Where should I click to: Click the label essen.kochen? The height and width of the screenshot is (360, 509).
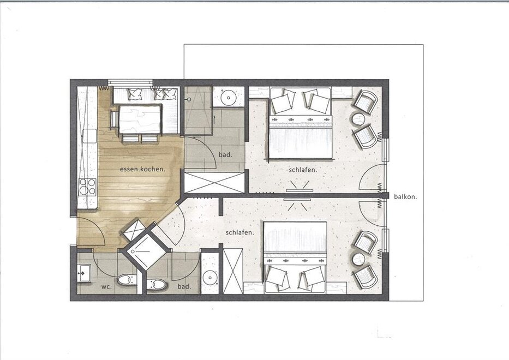[x=143, y=169]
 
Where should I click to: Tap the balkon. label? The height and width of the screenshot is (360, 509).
[x=405, y=196]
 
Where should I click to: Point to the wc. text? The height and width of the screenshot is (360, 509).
[x=106, y=287]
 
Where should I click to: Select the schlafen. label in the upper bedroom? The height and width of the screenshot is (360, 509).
[x=303, y=170]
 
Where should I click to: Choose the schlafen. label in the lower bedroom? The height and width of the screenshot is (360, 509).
[x=239, y=232]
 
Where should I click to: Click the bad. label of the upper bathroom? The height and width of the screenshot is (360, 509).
[x=226, y=155]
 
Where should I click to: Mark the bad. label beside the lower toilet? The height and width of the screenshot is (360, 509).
[x=184, y=287]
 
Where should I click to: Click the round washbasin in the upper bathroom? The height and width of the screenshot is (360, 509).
[x=229, y=97]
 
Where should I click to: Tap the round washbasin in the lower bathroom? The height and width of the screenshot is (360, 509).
[x=210, y=278]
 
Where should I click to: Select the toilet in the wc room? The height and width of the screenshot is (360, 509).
[x=127, y=280]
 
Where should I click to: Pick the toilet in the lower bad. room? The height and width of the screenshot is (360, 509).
[x=157, y=284]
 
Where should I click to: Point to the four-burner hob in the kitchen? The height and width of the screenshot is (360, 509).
[x=88, y=187]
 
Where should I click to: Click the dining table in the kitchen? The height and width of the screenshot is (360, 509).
[x=140, y=119]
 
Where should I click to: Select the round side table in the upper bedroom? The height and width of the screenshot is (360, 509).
[x=359, y=119]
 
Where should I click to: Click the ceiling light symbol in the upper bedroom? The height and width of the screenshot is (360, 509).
[x=300, y=186]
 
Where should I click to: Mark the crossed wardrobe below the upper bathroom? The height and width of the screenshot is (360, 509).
[x=214, y=183]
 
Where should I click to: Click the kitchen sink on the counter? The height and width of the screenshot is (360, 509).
[x=89, y=136]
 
